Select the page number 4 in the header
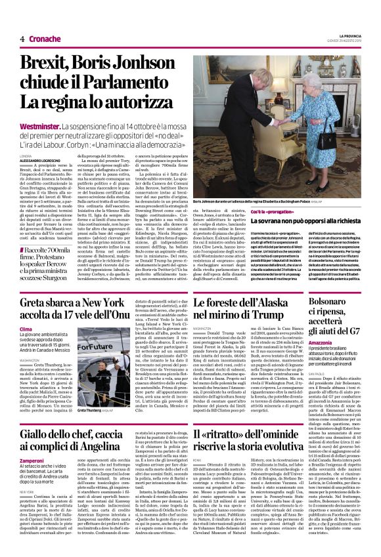[22, 39]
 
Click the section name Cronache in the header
[44, 39]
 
